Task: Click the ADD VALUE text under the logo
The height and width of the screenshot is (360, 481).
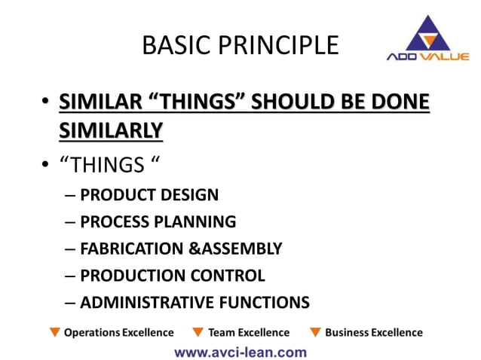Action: pos(427,57)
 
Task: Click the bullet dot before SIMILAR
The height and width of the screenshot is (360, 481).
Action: pos(46,102)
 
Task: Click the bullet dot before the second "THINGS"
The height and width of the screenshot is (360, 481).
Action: pos(46,164)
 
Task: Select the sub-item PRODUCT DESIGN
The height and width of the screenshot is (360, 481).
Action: pos(149,195)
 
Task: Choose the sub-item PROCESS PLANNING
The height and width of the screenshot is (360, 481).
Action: pos(158,221)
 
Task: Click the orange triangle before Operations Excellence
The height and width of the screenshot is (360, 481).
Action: pos(54,332)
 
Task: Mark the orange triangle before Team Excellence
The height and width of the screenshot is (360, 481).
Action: pos(198,332)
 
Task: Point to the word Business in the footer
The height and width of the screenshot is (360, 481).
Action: pos(348,332)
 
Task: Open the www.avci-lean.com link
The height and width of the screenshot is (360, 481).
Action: pos(240,351)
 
